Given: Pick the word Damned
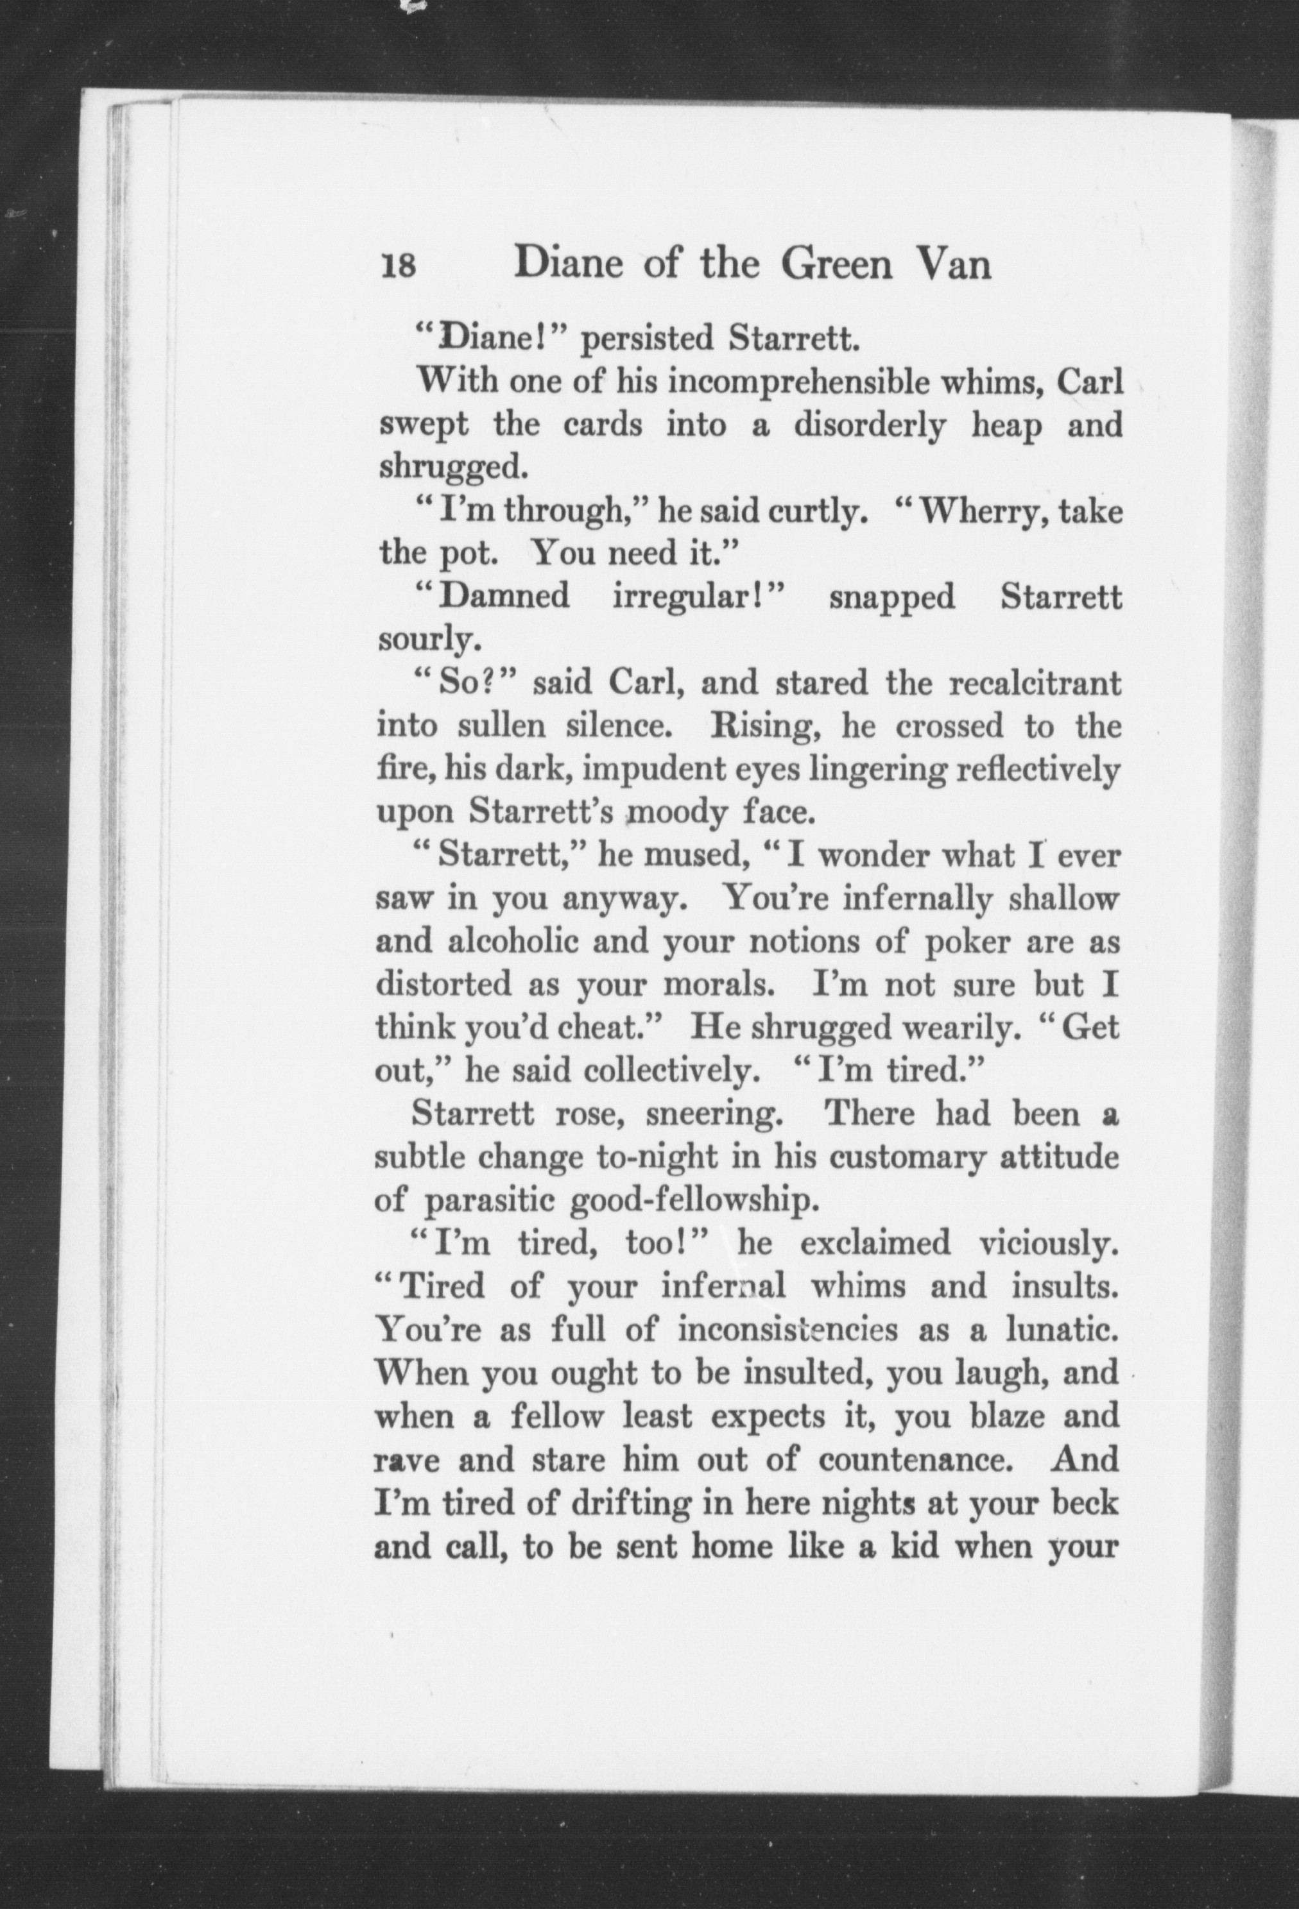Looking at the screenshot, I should tap(504, 597).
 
